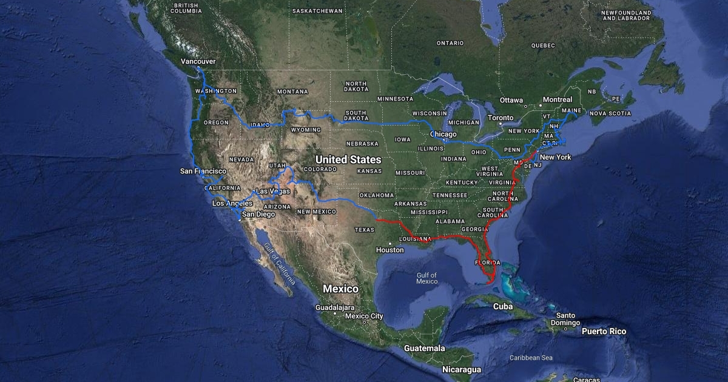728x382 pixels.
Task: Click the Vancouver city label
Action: click(198, 62)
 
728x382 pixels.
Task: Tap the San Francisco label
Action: click(203, 172)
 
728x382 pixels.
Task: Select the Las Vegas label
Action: click(273, 192)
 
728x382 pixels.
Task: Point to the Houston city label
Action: click(389, 250)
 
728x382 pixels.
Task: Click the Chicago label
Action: click(443, 134)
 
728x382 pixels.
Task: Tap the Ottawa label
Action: click(511, 100)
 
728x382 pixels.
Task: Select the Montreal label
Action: click(558, 99)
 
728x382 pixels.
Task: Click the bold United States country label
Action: click(348, 159)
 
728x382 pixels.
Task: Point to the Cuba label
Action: click(503, 307)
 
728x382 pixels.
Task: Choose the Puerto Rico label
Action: click(604, 332)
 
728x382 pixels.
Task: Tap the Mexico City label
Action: click(364, 316)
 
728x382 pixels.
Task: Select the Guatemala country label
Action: click(425, 349)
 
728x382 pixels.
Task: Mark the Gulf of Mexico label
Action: click(427, 278)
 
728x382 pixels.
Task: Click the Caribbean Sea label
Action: click(531, 358)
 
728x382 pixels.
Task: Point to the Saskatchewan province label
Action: click(317, 11)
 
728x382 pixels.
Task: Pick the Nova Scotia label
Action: click(610, 113)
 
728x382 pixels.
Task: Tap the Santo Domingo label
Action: click(566, 319)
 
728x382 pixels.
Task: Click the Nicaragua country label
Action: click(462, 369)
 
